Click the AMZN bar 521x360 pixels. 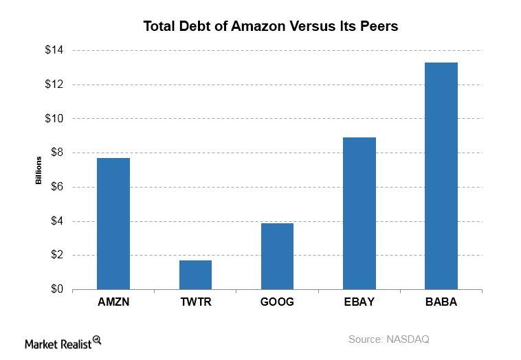click(113, 223)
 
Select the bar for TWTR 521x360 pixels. click(195, 274)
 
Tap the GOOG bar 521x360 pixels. click(277, 256)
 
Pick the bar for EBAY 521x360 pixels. click(359, 213)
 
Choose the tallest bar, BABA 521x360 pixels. click(441, 175)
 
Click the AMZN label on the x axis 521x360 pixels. click(113, 302)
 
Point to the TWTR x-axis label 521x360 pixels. click(195, 302)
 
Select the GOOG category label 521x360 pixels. click(277, 302)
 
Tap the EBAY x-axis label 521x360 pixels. click(359, 302)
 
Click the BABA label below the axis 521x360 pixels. click(441, 302)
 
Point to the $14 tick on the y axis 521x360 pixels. click(54, 50)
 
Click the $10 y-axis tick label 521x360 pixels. click(54, 119)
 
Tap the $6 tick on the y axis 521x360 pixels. click(56, 187)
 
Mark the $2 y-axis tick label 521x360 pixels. click(56, 255)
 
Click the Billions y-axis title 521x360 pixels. click(39, 170)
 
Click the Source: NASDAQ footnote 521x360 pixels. click(388, 339)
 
